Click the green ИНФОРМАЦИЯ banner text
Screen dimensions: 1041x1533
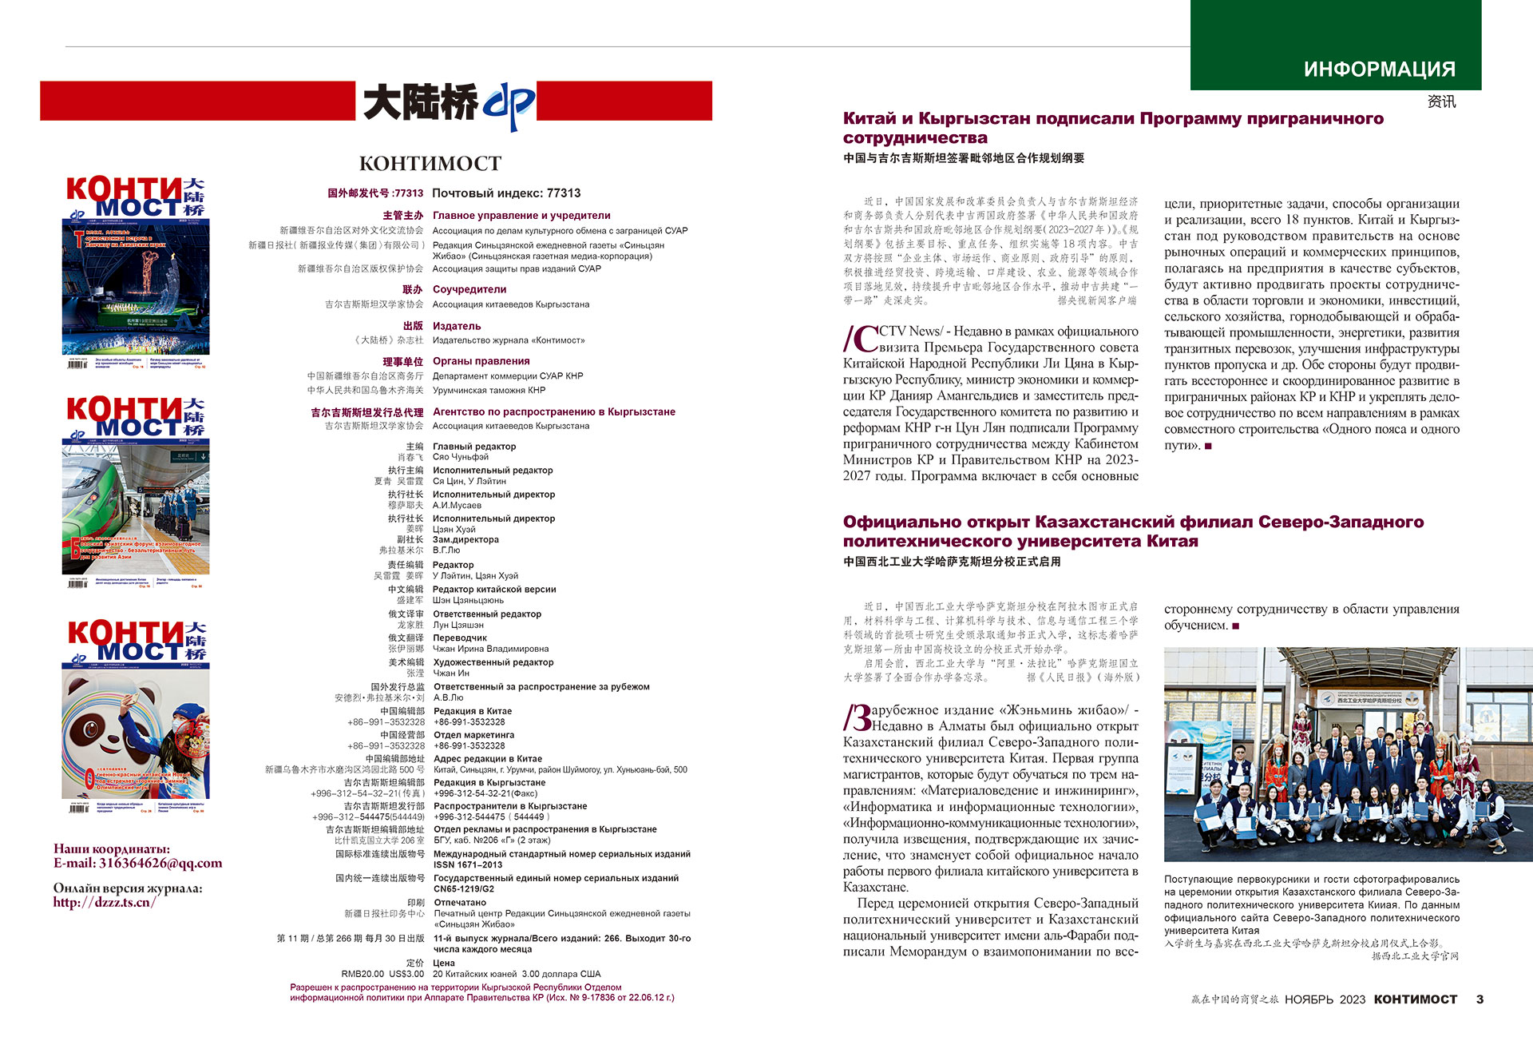coord(1379,70)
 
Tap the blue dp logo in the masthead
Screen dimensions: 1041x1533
coord(508,105)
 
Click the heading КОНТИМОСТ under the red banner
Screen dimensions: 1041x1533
coord(430,164)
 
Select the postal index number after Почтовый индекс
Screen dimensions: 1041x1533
coord(564,193)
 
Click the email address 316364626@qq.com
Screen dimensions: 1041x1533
coord(160,863)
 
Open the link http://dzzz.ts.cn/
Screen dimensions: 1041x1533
coord(105,902)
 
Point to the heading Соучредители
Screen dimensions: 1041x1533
coord(469,289)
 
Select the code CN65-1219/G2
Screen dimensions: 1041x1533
coord(464,888)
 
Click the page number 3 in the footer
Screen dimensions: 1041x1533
coord(1480,999)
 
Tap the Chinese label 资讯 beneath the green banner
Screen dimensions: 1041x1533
coord(1441,101)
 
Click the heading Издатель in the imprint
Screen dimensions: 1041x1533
coord(457,326)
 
